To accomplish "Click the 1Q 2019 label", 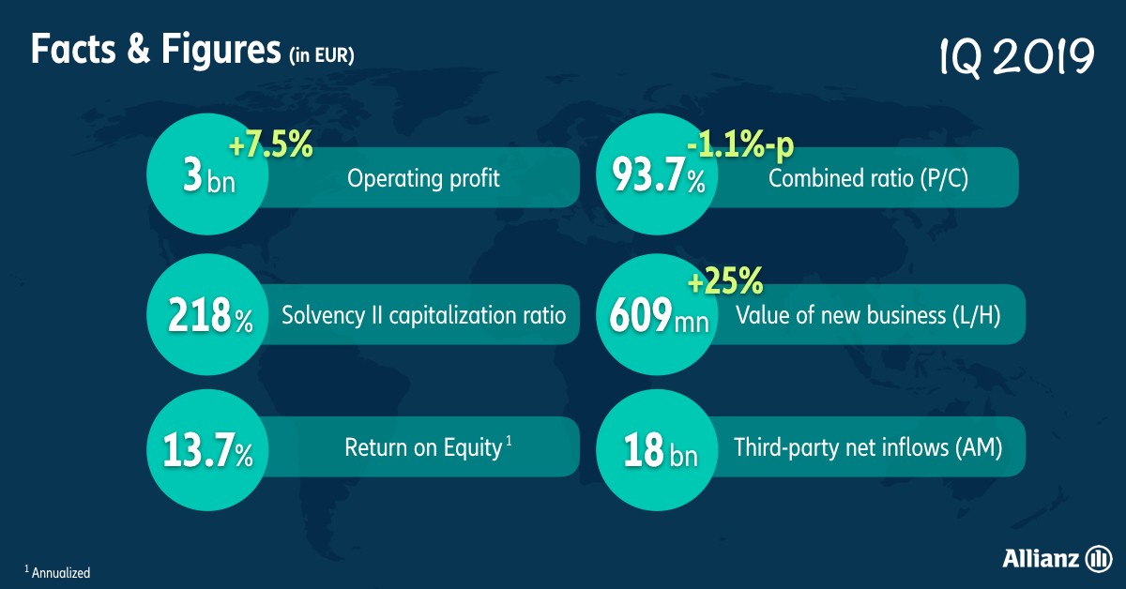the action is pos(1017,57).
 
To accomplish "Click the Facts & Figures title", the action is pos(156,51).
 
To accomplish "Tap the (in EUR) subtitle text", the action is pos(322,55).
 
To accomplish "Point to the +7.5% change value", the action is pos(271,143).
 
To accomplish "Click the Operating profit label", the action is pos(423,179).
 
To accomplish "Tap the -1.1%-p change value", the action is pos(740,145).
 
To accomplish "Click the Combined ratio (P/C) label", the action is pos(868,179).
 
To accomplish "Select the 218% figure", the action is pos(210,316).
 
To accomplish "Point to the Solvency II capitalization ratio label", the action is pos(424,316).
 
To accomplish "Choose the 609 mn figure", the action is pos(659,316).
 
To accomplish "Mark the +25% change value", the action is pos(725,281).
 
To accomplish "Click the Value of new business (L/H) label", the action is pos(868,316).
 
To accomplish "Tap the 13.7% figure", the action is pos(207,451).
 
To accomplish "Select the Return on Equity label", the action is pos(428,447).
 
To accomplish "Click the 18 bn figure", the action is pos(661,451).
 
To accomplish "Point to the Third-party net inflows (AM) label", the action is pos(868,447).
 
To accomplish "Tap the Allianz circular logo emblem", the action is pos(1099,558).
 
